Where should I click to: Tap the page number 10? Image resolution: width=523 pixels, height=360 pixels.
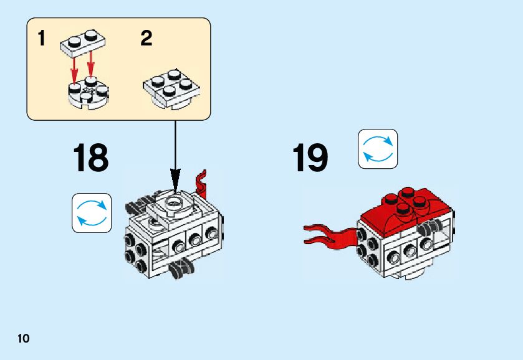click(x=24, y=339)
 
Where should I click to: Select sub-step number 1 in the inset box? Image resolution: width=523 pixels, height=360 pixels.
click(x=42, y=39)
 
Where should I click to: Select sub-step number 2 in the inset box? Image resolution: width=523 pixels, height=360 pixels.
click(x=146, y=39)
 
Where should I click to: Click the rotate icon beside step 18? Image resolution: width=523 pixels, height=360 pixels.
click(x=92, y=213)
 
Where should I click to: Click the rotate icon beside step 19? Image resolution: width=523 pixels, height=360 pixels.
click(x=378, y=149)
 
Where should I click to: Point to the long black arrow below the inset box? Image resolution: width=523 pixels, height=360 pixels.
click(x=175, y=149)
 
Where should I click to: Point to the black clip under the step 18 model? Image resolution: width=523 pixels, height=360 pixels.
click(x=183, y=268)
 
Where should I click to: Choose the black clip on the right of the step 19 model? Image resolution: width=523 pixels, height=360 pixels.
click(x=428, y=228)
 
